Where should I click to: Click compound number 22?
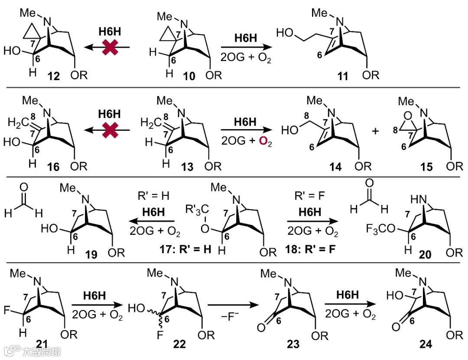click(x=179, y=344)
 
